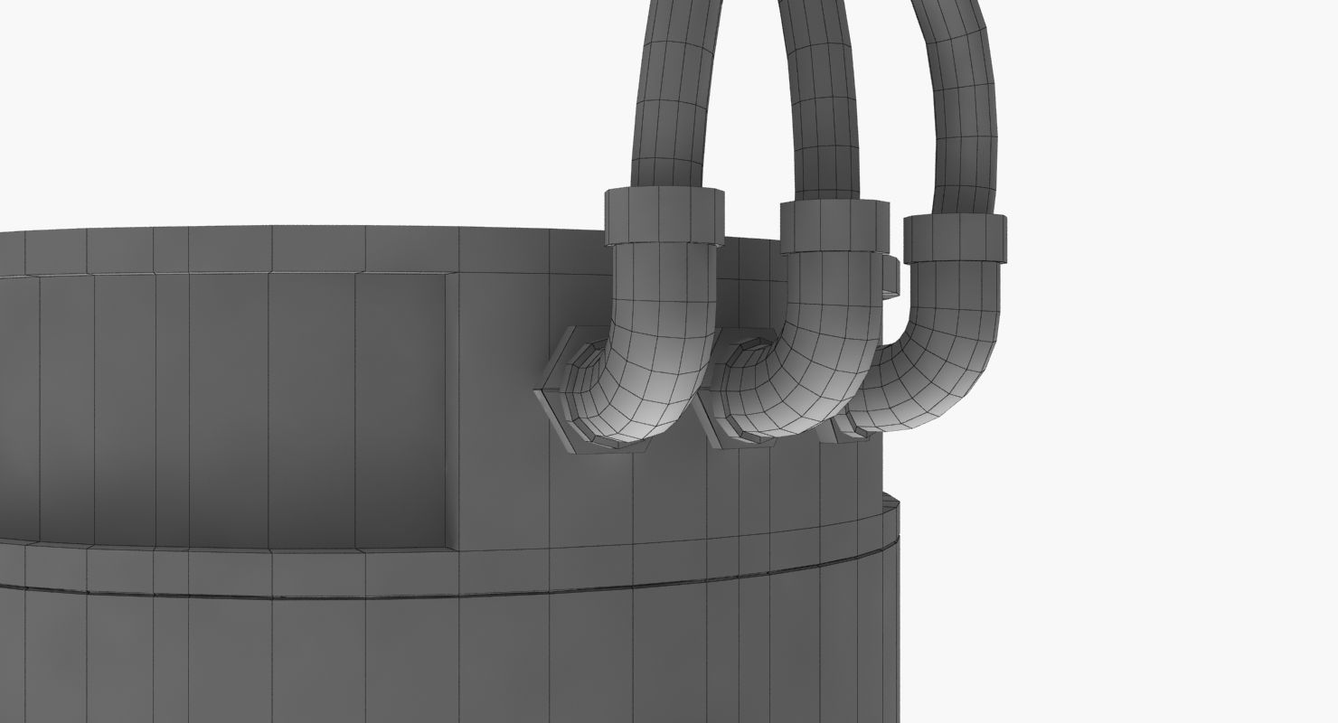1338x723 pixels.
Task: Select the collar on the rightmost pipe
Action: click(956, 238)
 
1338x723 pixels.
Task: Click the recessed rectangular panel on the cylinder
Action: click(226, 407)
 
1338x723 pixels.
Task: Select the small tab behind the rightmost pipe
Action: click(890, 276)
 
